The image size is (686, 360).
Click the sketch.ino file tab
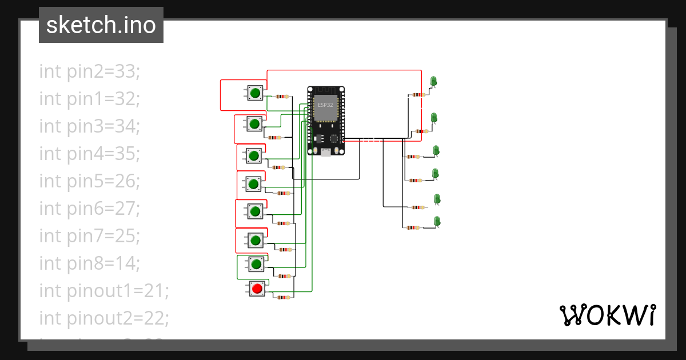(x=101, y=25)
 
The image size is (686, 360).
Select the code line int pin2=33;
(x=89, y=71)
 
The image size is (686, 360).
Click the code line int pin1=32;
(x=89, y=99)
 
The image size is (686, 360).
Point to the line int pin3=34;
(x=89, y=126)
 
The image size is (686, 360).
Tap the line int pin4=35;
(x=89, y=154)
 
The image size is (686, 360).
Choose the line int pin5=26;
(x=89, y=181)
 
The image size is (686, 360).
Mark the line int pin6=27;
(x=89, y=209)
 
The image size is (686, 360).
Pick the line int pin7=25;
(x=89, y=235)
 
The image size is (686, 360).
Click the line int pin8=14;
(x=89, y=263)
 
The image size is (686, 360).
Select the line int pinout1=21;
(x=104, y=290)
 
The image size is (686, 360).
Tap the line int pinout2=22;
(x=104, y=318)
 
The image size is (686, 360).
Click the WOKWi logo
(x=607, y=315)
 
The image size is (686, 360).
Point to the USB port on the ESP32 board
(x=326, y=152)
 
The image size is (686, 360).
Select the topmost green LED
(x=433, y=81)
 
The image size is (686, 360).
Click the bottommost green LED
(x=437, y=221)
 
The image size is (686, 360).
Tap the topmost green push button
(x=255, y=93)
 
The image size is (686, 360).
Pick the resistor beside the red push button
(x=284, y=297)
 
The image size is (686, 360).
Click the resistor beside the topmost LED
(x=418, y=95)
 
